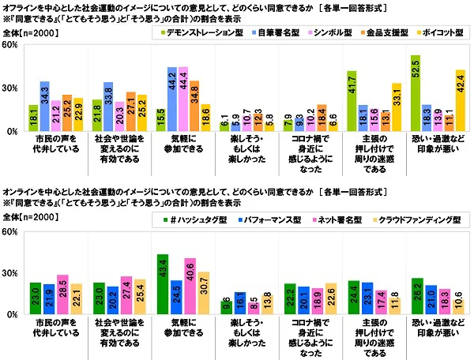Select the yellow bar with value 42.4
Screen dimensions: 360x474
click(x=460, y=100)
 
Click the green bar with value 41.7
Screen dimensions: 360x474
click(x=352, y=101)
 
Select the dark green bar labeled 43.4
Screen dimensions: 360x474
click(x=163, y=284)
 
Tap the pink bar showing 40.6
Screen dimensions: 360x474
click(x=189, y=286)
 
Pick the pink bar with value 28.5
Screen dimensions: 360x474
click(x=62, y=294)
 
